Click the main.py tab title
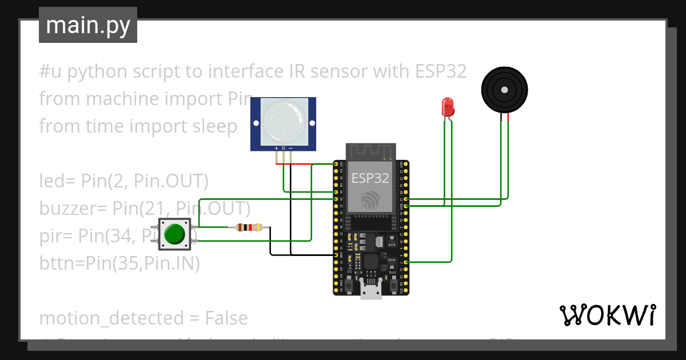click(x=88, y=25)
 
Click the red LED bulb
click(x=448, y=106)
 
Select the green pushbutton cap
click(x=174, y=234)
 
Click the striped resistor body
click(x=249, y=227)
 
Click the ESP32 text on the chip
click(x=370, y=178)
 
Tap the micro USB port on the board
click(x=371, y=290)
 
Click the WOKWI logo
click(x=607, y=315)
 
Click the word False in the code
click(x=226, y=318)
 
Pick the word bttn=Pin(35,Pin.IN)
click(x=119, y=263)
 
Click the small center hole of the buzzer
click(x=504, y=90)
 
